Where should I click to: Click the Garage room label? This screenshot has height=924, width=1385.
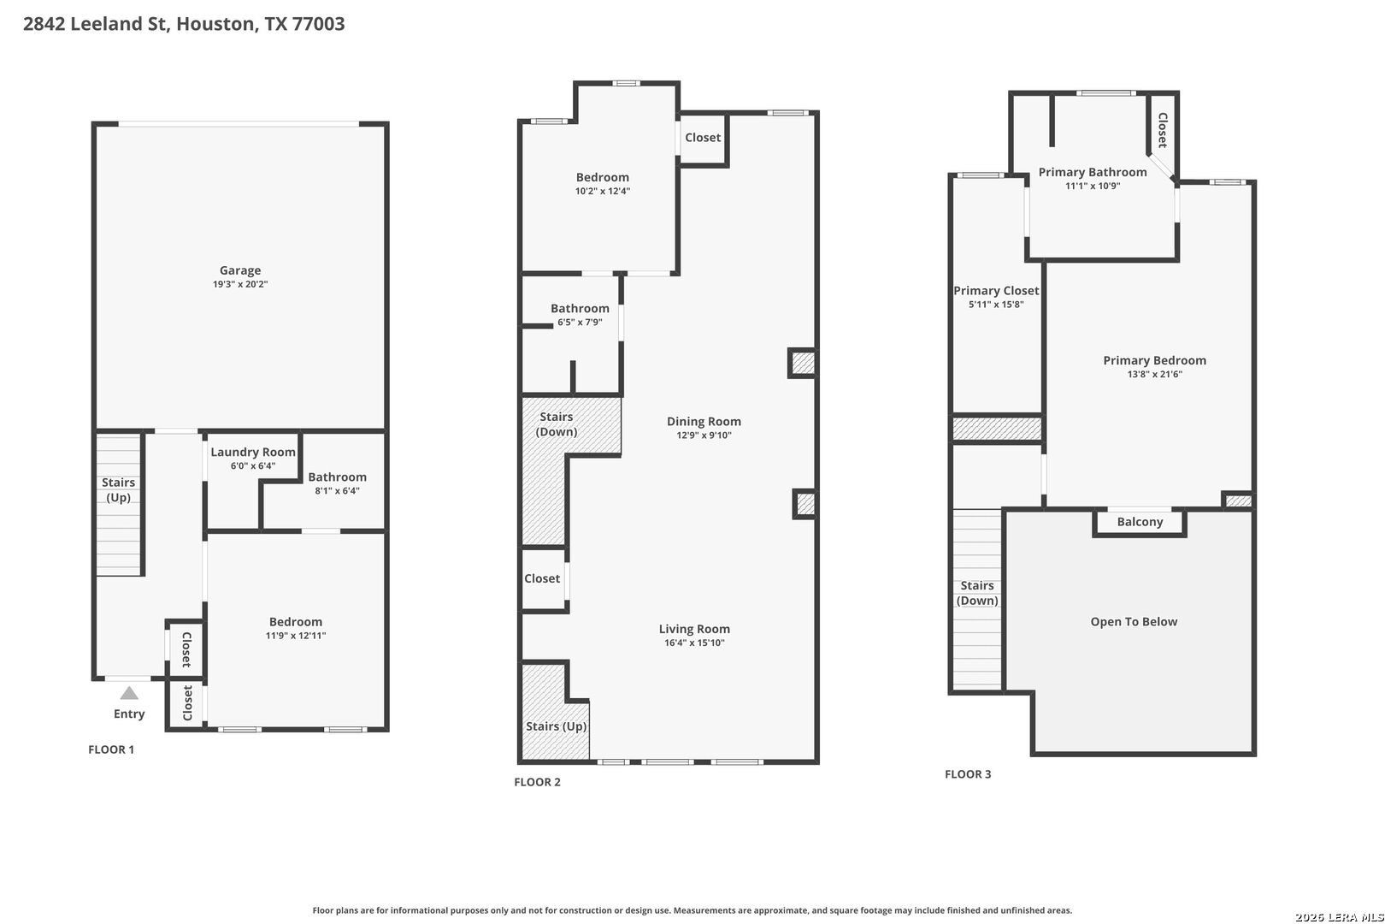click(x=240, y=270)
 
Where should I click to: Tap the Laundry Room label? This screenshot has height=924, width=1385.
click(x=253, y=452)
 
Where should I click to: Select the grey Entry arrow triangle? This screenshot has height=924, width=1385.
click(x=129, y=692)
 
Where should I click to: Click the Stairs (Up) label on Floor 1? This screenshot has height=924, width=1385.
click(x=118, y=489)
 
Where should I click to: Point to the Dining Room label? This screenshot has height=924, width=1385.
click(x=704, y=422)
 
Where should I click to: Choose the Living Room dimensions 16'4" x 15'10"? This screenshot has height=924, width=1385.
click(x=694, y=643)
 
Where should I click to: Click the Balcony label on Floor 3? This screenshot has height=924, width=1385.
click(x=1140, y=522)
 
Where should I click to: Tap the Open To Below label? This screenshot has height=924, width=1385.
click(x=1134, y=622)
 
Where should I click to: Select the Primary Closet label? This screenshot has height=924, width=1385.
click(x=996, y=290)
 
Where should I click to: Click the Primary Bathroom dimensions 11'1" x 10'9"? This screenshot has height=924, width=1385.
click(x=1093, y=186)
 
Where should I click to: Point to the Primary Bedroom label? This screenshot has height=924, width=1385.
click(x=1154, y=360)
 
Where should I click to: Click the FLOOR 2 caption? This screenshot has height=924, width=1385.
click(x=537, y=782)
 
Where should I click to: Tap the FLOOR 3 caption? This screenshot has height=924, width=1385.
click(x=968, y=774)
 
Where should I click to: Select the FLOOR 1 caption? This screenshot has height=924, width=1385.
click(x=111, y=749)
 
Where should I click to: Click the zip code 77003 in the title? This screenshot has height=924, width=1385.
click(x=318, y=23)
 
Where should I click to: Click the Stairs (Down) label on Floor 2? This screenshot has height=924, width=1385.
click(x=557, y=424)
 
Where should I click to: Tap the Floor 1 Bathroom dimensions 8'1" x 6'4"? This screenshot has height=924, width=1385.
click(x=337, y=491)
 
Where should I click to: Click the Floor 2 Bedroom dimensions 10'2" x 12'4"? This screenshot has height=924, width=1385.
click(x=602, y=192)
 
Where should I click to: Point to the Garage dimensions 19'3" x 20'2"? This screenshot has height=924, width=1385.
click(x=240, y=284)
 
